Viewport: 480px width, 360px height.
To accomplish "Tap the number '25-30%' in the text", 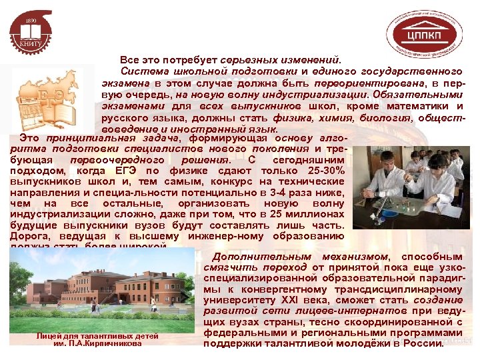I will pyautogui.click(x=323, y=171).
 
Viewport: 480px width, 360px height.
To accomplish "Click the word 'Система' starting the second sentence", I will pyautogui.click(x=140, y=71).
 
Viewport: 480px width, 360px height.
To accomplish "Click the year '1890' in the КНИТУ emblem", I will pyautogui.click(x=31, y=21).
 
